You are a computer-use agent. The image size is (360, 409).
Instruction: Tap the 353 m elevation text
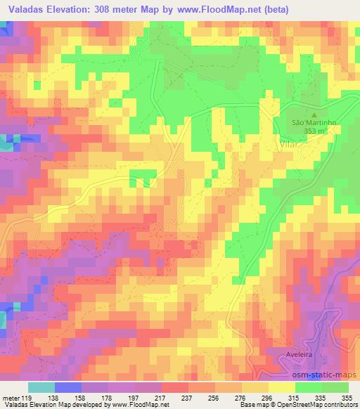(314, 131)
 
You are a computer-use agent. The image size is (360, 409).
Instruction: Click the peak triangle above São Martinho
(314, 114)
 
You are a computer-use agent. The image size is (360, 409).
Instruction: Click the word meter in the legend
(11, 397)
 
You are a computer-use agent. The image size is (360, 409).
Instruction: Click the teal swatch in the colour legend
(41, 387)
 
